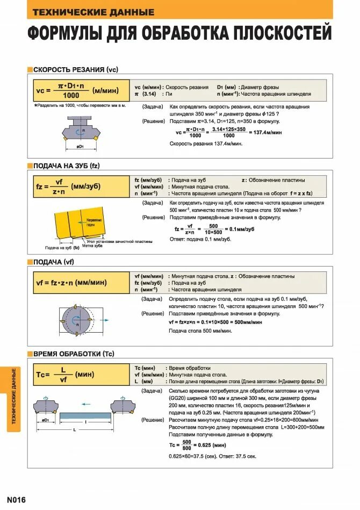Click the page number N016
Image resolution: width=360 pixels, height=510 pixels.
click(x=16, y=499)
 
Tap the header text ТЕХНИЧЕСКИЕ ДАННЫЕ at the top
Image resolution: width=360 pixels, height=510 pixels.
click(x=93, y=12)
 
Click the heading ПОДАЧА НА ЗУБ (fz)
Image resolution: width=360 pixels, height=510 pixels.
click(x=67, y=166)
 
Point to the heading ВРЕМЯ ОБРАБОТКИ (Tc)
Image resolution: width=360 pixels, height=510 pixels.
click(x=74, y=354)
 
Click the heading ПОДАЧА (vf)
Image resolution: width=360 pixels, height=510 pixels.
click(x=53, y=262)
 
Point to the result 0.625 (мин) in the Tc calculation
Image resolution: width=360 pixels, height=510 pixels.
click(x=210, y=445)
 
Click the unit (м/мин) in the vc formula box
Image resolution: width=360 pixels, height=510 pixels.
click(x=105, y=90)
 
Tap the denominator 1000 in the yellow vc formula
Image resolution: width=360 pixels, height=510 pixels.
click(x=68, y=95)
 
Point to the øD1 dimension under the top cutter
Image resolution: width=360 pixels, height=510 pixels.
click(x=80, y=146)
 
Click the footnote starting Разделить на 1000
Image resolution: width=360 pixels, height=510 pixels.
click(x=80, y=105)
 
